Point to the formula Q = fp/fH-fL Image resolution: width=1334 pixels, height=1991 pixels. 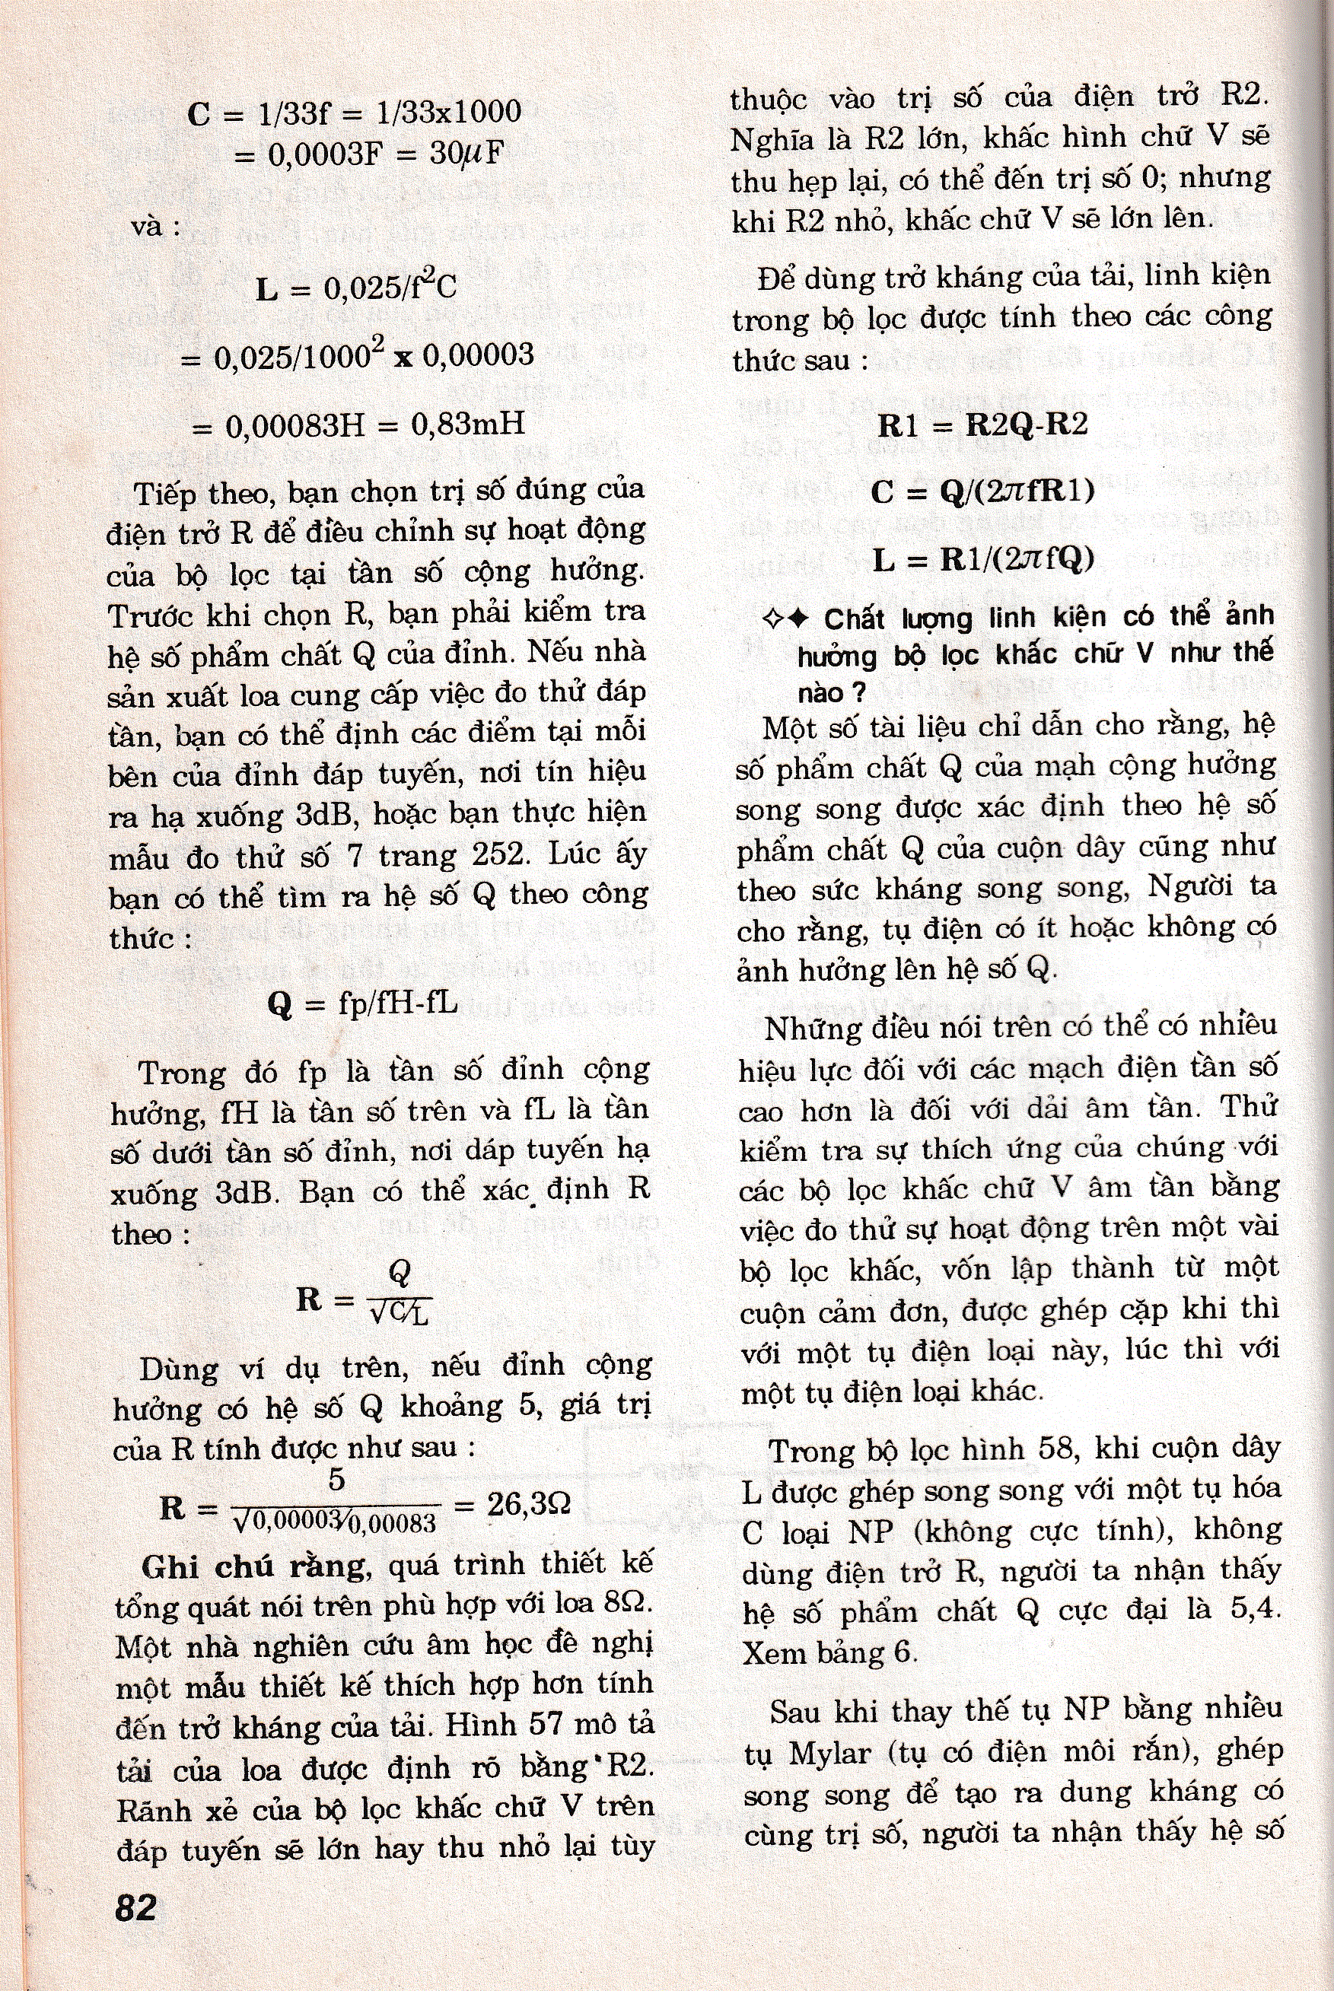[362, 1003]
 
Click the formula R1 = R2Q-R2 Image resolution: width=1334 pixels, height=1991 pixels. [982, 425]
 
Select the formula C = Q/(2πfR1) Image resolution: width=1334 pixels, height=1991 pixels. [982, 491]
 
